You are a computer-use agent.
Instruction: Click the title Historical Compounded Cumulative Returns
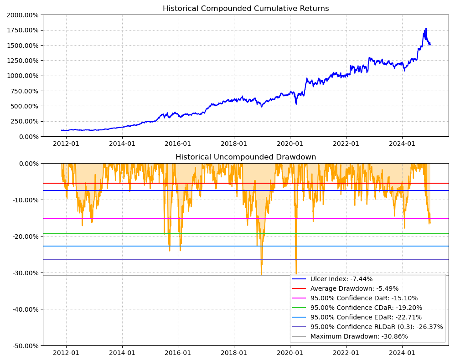coord(246,9)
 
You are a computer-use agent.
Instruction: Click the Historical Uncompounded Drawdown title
coord(246,157)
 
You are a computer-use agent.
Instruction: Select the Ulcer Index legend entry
coord(341,279)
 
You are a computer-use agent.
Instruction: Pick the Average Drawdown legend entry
coord(354,288)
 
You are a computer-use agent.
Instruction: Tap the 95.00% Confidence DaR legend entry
coord(364,298)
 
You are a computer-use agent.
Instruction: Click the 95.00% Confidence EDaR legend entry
coord(366,317)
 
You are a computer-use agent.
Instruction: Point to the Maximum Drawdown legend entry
coord(359,336)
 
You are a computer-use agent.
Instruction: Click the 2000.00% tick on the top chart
coord(22,15)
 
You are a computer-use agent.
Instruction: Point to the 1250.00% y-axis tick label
coord(22,61)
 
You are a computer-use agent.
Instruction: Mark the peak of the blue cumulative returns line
coord(426,28)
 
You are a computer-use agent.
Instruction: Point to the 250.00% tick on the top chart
coord(24,121)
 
